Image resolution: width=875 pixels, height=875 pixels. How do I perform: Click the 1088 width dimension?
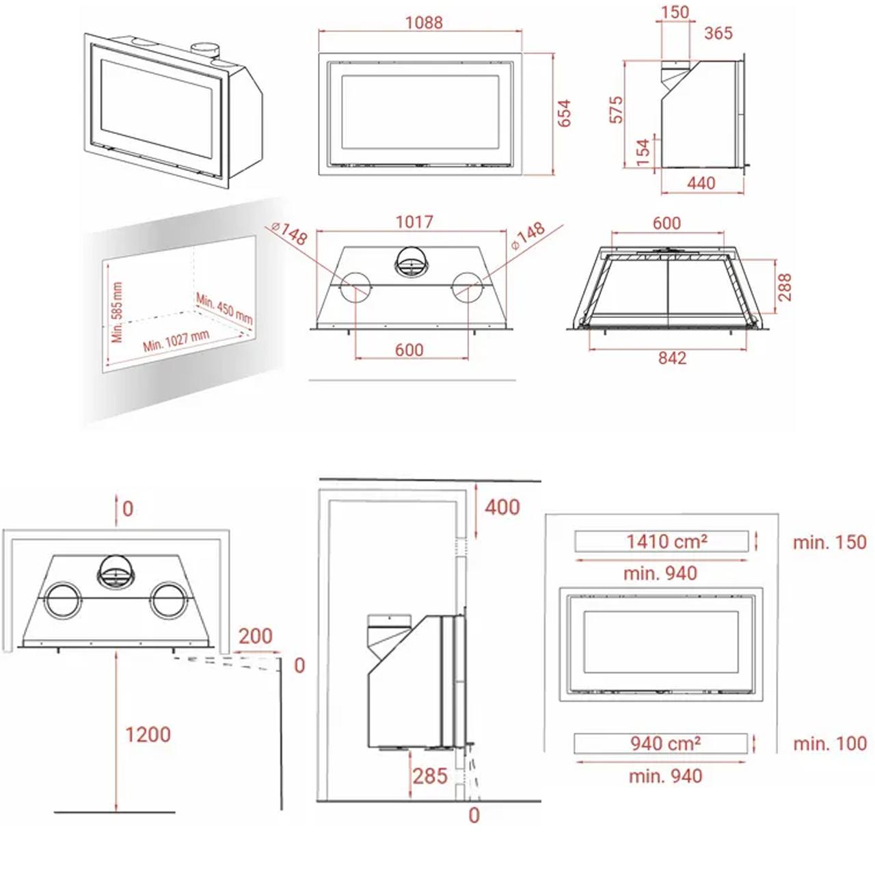[424, 23]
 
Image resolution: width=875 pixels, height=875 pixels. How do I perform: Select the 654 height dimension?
[563, 113]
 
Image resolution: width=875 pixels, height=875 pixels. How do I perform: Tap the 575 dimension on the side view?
[616, 109]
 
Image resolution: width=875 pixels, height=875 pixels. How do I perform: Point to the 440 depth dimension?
[701, 183]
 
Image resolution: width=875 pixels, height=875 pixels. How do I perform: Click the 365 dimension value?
[718, 33]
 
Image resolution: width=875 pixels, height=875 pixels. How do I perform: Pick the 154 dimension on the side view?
[643, 152]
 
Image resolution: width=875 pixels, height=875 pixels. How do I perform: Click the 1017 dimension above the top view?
[414, 222]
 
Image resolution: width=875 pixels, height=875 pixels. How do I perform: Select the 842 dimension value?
[672, 358]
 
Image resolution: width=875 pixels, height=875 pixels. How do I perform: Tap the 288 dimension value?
[784, 287]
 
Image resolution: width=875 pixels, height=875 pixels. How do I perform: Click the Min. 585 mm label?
[117, 312]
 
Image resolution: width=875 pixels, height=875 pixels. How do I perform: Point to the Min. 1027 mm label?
[176, 340]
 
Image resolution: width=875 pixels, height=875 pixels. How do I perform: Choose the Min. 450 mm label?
[224, 309]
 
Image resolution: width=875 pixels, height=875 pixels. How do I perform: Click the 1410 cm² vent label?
[667, 541]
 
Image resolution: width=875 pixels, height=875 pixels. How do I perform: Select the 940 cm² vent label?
[665, 743]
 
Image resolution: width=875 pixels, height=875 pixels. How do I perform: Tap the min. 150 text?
[830, 542]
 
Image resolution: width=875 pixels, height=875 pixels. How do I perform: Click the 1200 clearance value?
[148, 734]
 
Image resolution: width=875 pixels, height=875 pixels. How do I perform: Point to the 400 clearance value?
[502, 507]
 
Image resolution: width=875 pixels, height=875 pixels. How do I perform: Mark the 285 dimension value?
[430, 776]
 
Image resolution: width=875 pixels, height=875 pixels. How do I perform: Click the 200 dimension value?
[255, 636]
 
